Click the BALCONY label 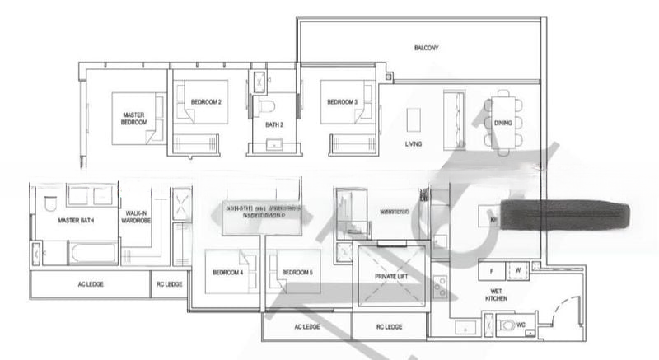426,49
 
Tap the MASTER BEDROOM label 134,119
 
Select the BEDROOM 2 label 204,102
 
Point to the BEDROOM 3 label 342,102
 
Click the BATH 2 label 273,125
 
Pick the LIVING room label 414,144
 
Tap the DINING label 503,123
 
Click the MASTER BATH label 72,222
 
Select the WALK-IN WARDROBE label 137,217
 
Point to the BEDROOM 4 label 227,272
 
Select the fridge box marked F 492,269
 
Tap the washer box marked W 519,269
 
